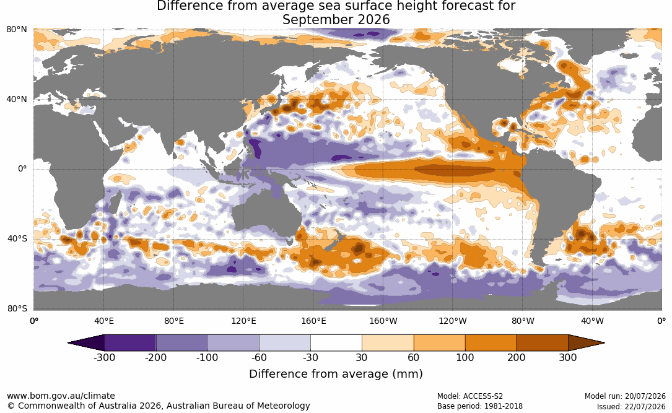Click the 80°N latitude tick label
[x=17, y=30]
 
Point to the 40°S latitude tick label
[x=17, y=238]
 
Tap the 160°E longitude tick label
[x=313, y=321]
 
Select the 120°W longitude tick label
[x=453, y=321]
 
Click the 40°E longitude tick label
[x=103, y=321]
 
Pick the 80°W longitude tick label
[x=523, y=321]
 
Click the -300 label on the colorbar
[x=104, y=357]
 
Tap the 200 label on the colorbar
[x=517, y=357]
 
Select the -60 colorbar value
[x=259, y=357]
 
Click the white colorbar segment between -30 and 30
[x=336, y=343]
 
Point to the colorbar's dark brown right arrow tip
[x=604, y=343]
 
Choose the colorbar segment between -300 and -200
[x=130, y=343]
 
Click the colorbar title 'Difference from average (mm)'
[x=336, y=374]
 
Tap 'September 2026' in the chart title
[x=336, y=20]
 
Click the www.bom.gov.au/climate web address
[x=61, y=396]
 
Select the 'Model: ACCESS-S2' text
[x=470, y=396]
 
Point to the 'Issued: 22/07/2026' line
[x=631, y=406]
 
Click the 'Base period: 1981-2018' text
[x=480, y=406]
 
